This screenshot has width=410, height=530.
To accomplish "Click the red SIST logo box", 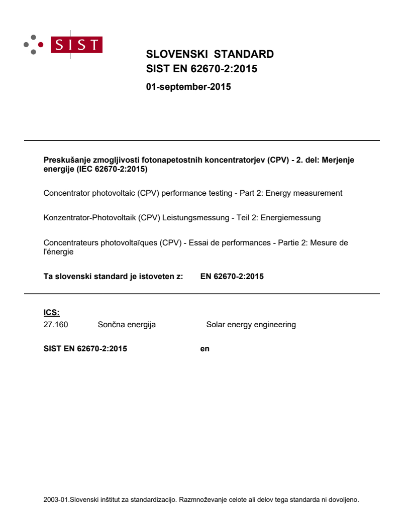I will [78, 44].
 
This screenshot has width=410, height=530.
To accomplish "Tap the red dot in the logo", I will [40, 44].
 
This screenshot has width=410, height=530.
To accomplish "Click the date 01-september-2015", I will [188, 87].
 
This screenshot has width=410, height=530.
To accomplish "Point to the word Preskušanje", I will [65, 160].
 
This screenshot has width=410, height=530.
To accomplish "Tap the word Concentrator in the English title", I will [66, 193].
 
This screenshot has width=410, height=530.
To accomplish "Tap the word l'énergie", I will [58, 252].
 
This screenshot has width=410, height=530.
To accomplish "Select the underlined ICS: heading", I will [52, 313].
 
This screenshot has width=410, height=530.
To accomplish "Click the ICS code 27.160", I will [56, 325].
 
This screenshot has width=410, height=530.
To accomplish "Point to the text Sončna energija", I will [127, 325].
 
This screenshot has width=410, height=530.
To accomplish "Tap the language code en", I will [204, 349].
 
